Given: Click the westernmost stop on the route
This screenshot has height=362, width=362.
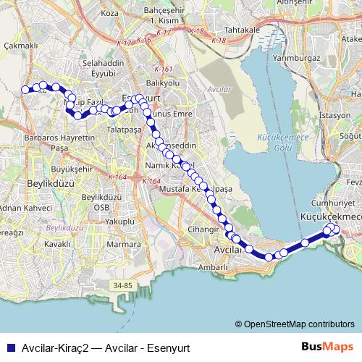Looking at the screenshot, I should pyautogui.click(x=26, y=90).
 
